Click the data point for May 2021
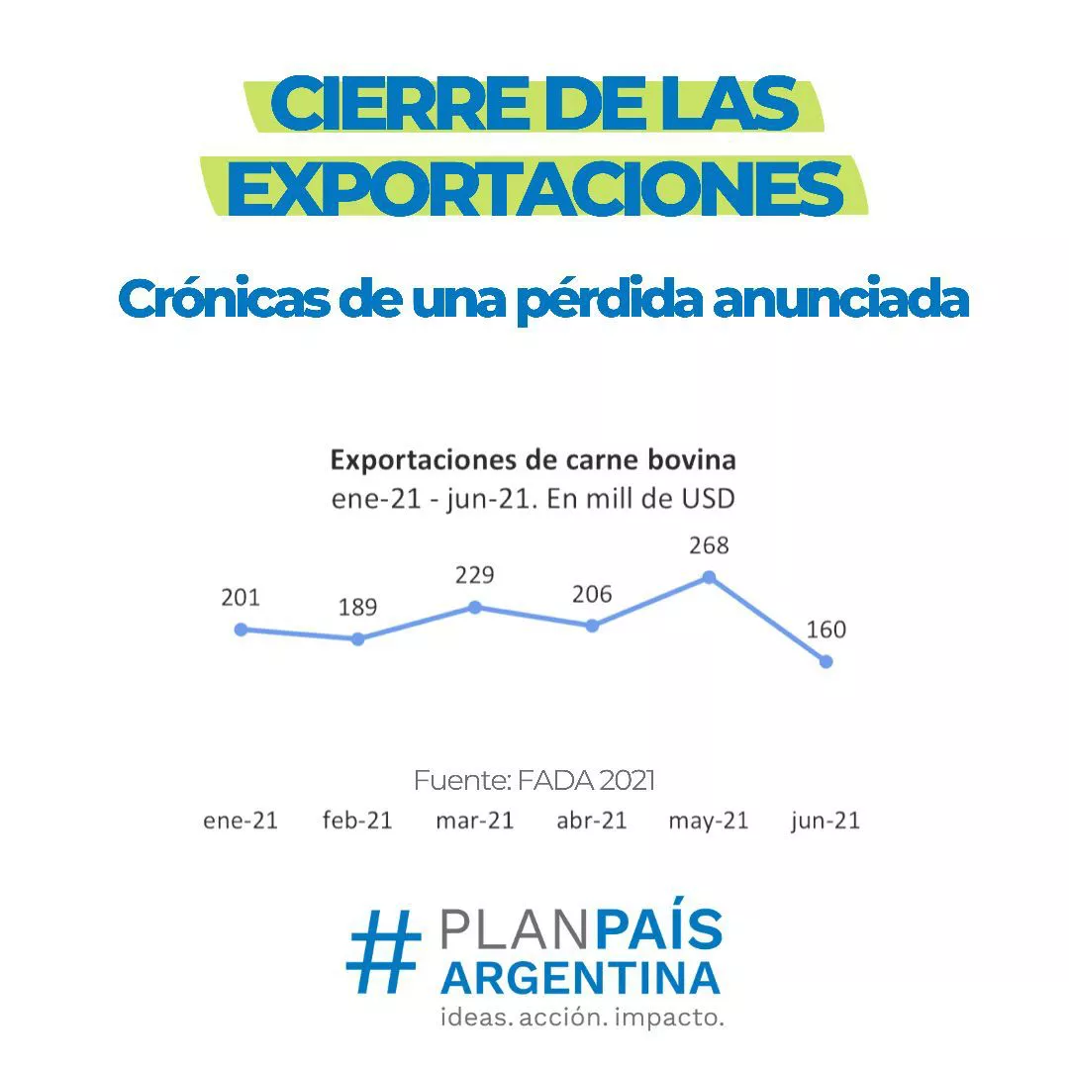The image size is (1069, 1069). [x=709, y=577]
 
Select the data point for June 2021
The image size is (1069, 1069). [x=826, y=661]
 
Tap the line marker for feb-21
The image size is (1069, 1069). [x=357, y=639]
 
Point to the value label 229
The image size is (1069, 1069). [x=474, y=575]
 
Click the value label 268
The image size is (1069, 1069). [x=709, y=545]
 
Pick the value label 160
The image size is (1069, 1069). [x=826, y=630]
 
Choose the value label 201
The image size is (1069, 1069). [x=240, y=597]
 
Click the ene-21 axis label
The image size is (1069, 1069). [x=241, y=822]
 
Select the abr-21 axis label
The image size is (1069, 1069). [x=592, y=822]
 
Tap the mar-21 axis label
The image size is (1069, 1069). [x=474, y=822]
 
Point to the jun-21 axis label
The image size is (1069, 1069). [x=826, y=822]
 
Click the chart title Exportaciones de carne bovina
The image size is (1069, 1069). [x=534, y=460]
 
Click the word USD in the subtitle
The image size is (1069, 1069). [x=707, y=499]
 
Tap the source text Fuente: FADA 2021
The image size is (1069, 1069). [x=534, y=781]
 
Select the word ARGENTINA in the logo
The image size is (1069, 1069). [x=581, y=978]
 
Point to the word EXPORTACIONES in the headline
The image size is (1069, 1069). [x=534, y=190]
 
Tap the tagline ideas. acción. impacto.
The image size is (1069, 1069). [x=582, y=1017]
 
